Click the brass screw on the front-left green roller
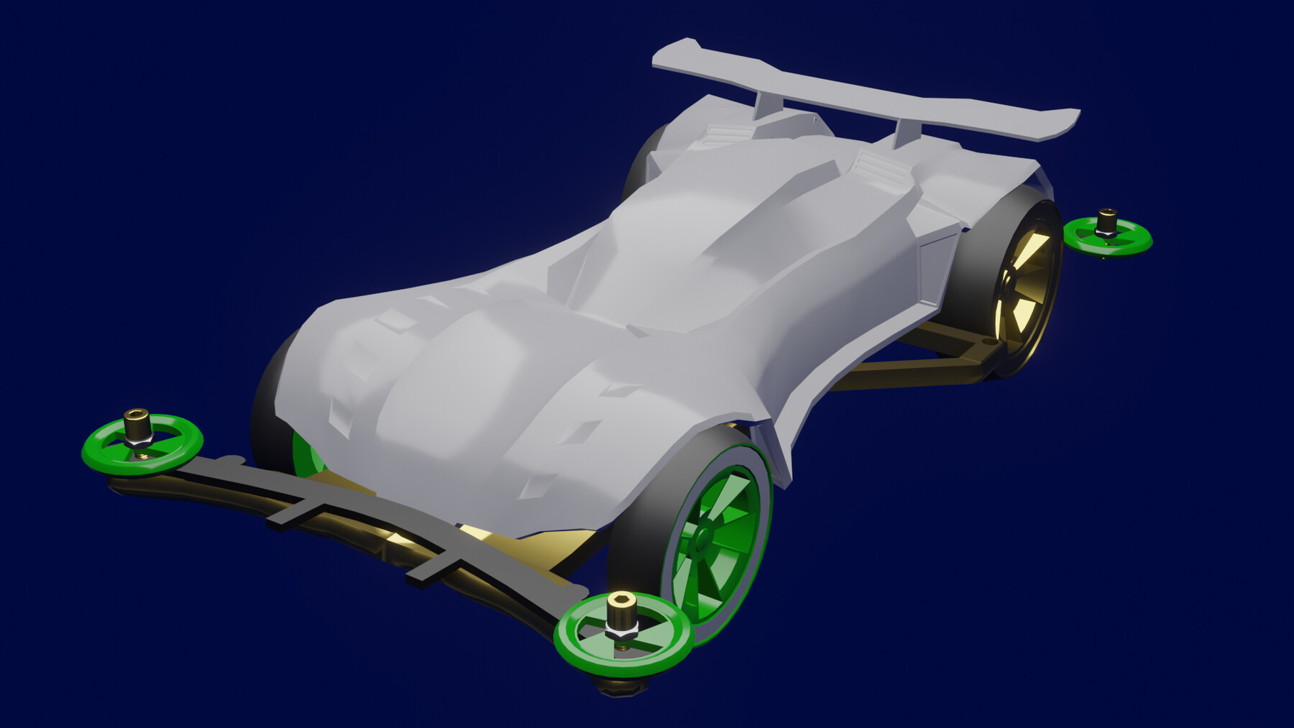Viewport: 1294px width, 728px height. (135, 425)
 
